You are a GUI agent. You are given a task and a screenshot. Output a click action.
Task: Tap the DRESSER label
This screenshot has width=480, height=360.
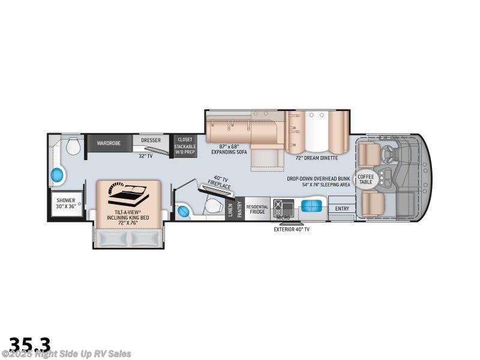point(151,140)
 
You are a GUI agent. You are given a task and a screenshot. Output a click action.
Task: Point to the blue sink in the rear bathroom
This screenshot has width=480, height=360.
point(58,175)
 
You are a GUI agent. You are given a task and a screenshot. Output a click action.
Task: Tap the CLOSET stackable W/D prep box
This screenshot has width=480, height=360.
point(184,146)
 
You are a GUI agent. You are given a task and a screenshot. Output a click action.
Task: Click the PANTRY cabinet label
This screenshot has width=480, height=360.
point(239,208)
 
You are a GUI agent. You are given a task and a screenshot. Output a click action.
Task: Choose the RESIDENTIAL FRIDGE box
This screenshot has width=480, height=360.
point(257,208)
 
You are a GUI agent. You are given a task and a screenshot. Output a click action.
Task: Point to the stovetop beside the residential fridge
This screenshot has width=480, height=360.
point(280,208)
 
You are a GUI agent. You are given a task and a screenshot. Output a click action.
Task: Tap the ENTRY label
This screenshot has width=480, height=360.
point(342,209)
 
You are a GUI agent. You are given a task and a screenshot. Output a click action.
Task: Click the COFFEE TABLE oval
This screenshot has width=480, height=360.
point(365,179)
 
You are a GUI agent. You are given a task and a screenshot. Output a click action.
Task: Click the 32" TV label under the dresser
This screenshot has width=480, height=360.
point(146,156)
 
